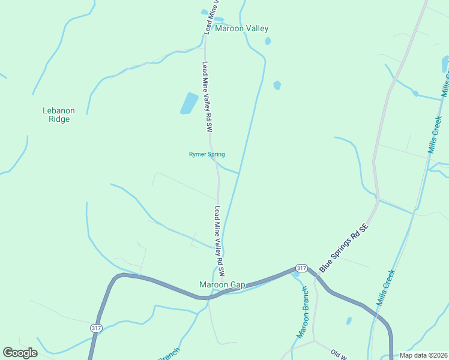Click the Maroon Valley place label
(x=242, y=28)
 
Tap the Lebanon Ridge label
(x=59, y=115)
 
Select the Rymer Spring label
(x=206, y=154)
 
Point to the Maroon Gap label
(x=222, y=284)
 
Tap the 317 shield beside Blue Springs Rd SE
(x=301, y=268)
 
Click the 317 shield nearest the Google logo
(x=96, y=328)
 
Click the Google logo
(x=20, y=353)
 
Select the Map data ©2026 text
(x=424, y=355)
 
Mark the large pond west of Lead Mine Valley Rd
(x=189, y=103)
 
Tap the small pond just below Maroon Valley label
(x=268, y=41)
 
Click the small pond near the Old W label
(x=349, y=321)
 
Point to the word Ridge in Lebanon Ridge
(x=59, y=119)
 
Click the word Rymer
(x=198, y=154)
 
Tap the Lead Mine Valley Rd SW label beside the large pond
(x=207, y=97)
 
